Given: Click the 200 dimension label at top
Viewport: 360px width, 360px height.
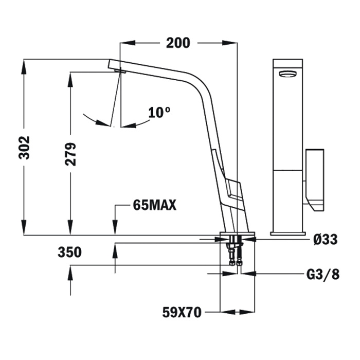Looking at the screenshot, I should click(178, 43).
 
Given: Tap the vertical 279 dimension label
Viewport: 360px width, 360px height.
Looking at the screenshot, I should click(70, 153).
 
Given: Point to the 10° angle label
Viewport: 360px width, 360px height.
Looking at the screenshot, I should click(159, 112).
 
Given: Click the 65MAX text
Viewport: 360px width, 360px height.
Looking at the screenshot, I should click(155, 205).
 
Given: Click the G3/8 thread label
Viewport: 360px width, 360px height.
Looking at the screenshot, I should click(323, 274).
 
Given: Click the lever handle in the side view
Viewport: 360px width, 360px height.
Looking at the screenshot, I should click(232, 190).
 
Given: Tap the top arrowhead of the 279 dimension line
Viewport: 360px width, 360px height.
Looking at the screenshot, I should click(70, 76).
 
